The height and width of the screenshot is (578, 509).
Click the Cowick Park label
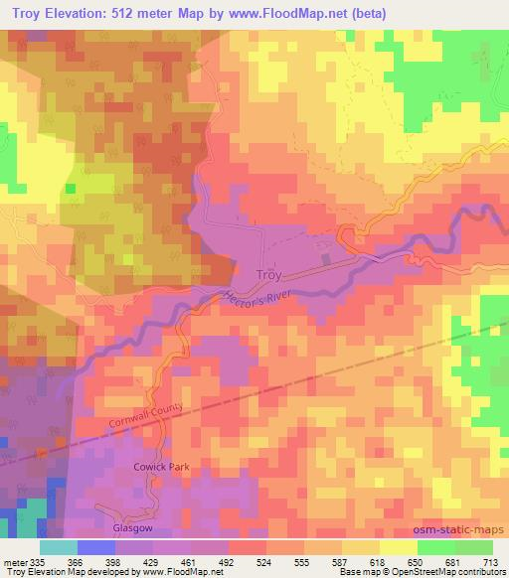coord(161,466)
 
